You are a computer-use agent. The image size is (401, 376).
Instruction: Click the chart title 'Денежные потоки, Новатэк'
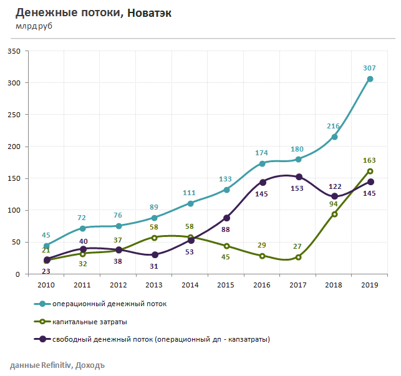click(93, 13)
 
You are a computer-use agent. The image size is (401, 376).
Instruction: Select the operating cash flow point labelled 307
click(370, 79)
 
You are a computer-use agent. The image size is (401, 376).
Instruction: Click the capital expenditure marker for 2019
click(370, 171)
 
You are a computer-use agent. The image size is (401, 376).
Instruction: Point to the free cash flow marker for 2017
click(299, 177)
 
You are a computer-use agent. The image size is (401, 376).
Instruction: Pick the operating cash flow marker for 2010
click(46, 246)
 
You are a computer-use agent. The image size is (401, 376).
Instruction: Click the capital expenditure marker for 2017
click(299, 257)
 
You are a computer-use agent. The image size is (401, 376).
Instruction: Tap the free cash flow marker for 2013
click(155, 254)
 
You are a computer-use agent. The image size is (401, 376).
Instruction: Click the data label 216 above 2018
click(334, 126)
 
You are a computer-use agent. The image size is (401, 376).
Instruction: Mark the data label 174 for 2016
click(263, 153)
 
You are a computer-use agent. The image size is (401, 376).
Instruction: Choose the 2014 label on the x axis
click(191, 284)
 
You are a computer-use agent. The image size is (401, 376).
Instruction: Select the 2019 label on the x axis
click(370, 284)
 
